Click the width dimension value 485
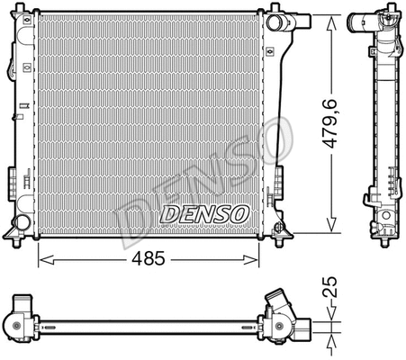[x=149, y=259]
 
